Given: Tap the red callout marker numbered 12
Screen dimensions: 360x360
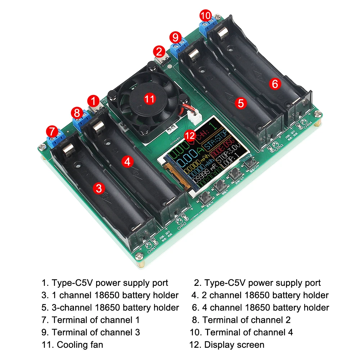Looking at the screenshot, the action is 190,136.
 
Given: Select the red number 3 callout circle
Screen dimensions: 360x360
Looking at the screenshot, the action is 99,188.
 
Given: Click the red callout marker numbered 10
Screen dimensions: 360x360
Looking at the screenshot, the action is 206,16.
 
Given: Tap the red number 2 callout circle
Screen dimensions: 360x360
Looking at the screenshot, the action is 159,51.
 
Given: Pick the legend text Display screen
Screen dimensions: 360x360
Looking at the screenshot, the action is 234,345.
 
